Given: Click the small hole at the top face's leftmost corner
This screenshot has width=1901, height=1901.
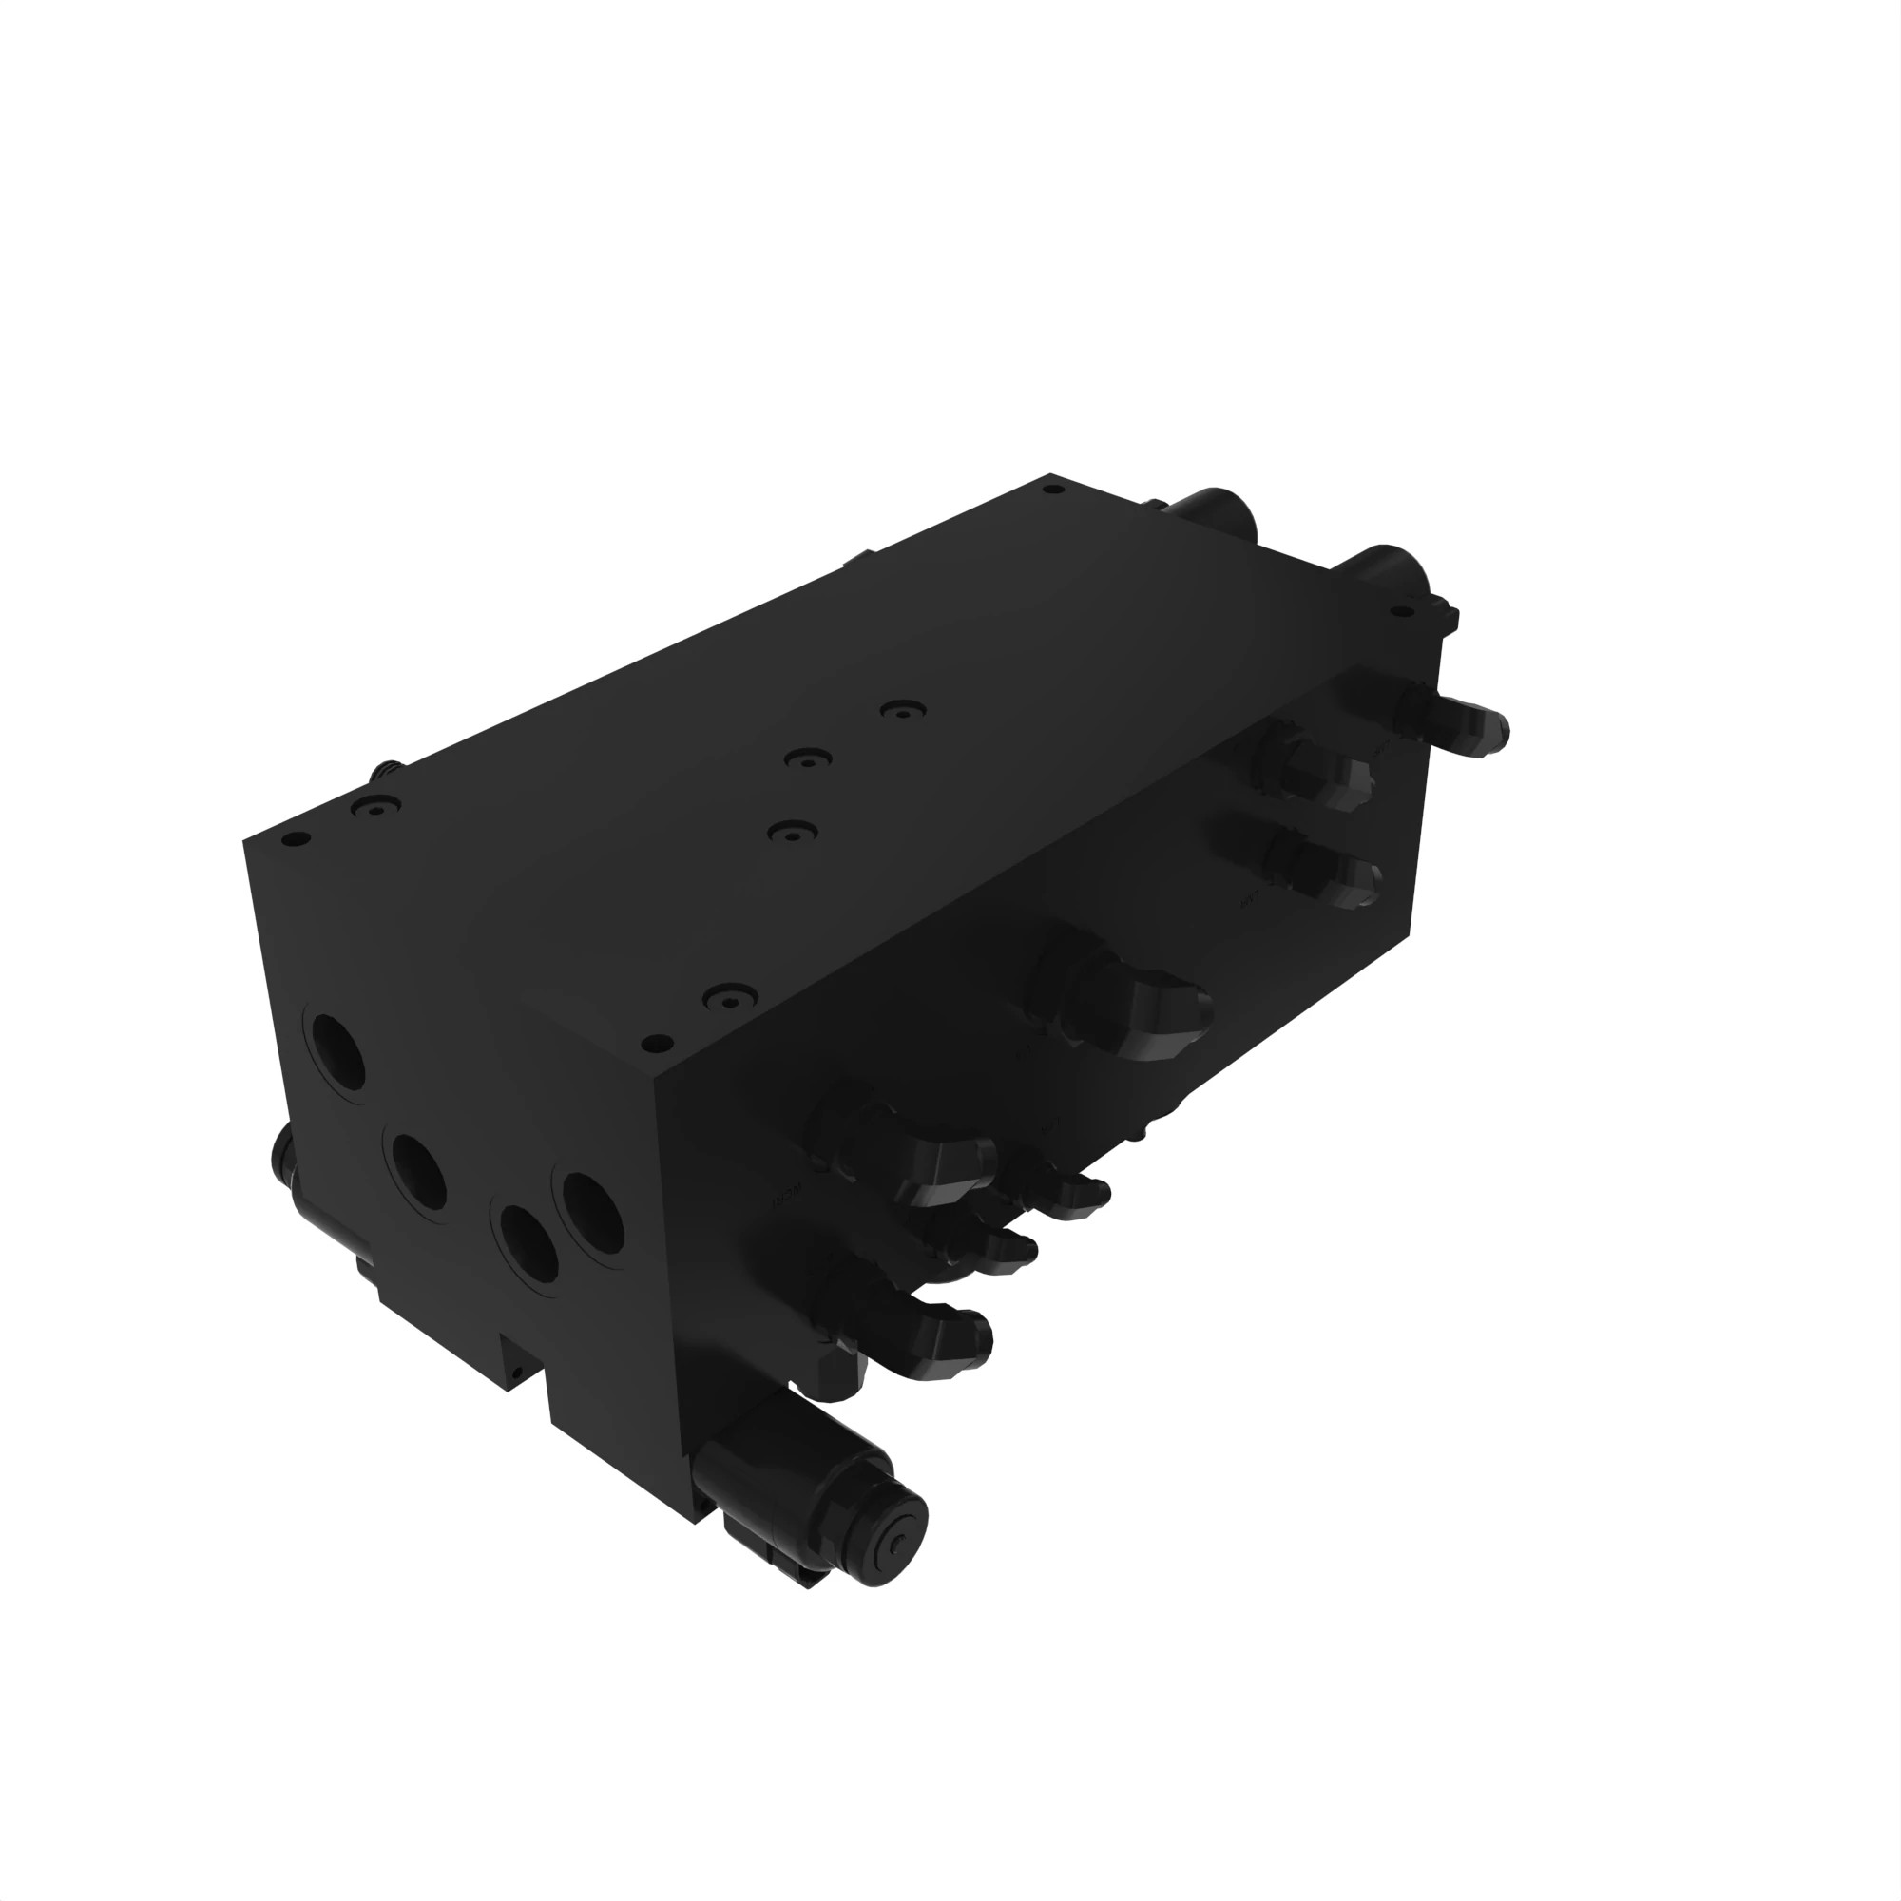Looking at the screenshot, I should click(291, 841).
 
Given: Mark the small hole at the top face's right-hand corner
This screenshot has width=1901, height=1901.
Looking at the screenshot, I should click(1400, 611).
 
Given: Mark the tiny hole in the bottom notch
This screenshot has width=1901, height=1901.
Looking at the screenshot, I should click(512, 1371).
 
